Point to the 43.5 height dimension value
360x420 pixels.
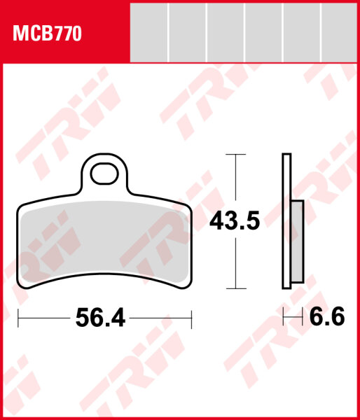point(235,221)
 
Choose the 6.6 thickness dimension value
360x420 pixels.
point(326,318)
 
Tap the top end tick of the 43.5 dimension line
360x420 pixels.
point(235,154)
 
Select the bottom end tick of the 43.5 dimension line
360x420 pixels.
point(235,288)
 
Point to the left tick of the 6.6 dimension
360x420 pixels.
point(283,318)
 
